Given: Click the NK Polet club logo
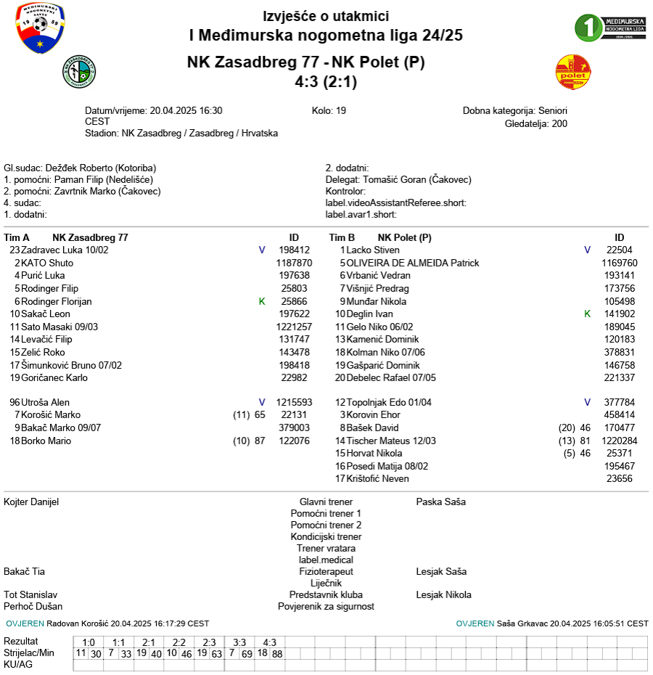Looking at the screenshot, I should (x=573, y=72).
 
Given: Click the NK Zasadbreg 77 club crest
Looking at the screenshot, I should (x=79, y=72).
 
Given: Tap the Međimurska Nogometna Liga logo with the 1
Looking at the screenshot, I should (x=609, y=28).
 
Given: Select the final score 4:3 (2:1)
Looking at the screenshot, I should (x=326, y=82).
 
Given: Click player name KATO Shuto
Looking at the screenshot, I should (x=47, y=263).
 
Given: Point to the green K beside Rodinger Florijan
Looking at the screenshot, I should (x=262, y=301).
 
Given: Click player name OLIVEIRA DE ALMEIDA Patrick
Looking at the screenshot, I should (x=413, y=263).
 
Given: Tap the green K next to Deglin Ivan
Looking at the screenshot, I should (x=588, y=314).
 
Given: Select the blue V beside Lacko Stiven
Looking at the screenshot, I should (x=588, y=250).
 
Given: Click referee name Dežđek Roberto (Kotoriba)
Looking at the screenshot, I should (x=100, y=168).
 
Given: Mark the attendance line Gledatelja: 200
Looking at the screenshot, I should (x=535, y=123).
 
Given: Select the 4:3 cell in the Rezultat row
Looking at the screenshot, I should (x=270, y=642).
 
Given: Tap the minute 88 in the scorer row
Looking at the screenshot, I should (x=277, y=654).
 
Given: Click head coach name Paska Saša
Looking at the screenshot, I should (x=441, y=502).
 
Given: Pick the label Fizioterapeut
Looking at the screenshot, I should (x=326, y=572).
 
